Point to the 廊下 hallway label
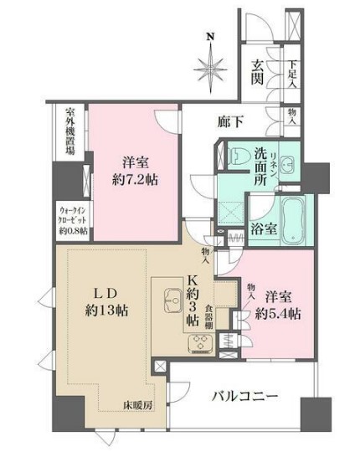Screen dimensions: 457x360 point(233,122)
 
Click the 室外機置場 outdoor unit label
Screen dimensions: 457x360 point(71,132)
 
